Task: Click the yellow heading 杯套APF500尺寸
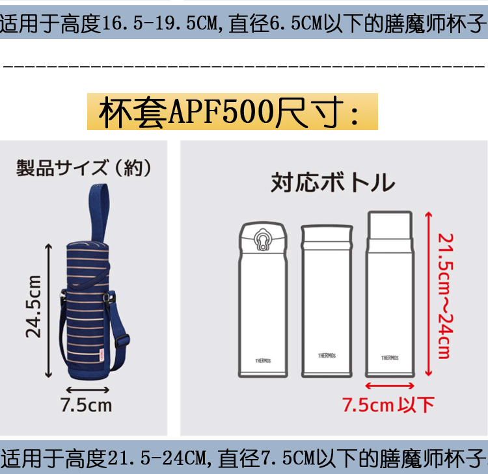232,112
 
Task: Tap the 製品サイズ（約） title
84,168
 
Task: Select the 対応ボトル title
332,183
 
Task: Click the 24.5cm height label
33,306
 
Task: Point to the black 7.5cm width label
87,405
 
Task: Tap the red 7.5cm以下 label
388,405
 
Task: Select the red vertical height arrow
427,293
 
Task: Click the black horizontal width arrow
87,389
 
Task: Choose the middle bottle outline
327,300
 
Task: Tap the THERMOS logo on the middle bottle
327,356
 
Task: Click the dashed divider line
244,66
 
